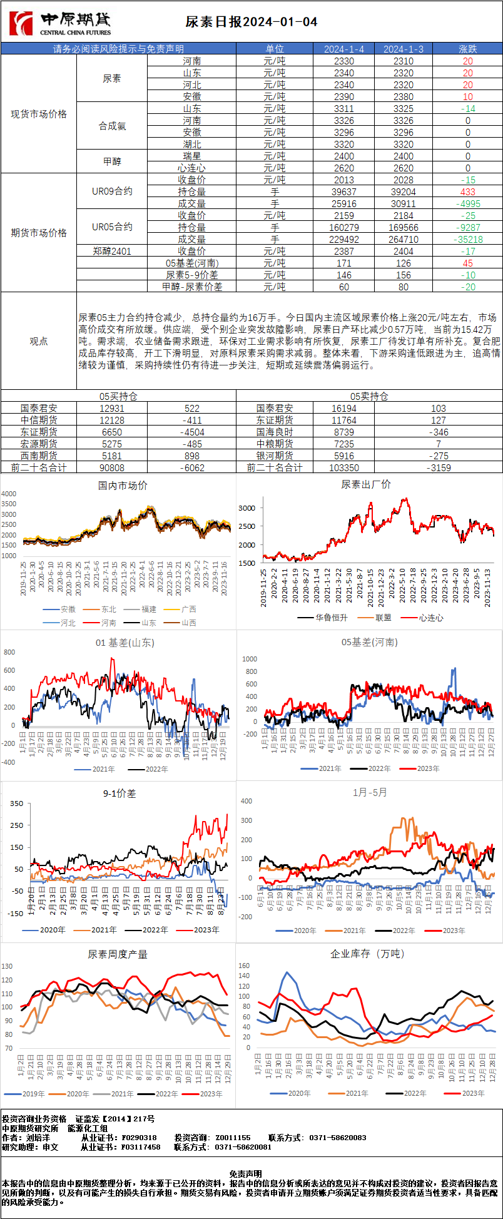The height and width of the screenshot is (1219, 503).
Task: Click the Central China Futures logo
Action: coord(60,23)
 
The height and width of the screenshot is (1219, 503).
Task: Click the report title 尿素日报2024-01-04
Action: coord(251,23)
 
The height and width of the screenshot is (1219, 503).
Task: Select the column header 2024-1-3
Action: coord(404,49)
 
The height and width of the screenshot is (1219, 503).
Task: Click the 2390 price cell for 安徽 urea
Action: coord(343,97)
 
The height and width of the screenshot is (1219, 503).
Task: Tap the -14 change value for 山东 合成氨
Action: coord(467,109)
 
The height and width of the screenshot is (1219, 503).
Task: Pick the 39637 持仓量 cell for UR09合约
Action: coord(343,192)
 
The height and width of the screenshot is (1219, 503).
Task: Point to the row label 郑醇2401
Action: coord(112,252)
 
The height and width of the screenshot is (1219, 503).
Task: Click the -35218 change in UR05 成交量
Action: coord(467,240)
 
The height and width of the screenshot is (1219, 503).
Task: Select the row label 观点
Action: coord(39,341)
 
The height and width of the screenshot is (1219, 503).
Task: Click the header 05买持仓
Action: coord(118,396)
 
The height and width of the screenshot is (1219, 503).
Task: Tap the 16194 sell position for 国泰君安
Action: coord(343,408)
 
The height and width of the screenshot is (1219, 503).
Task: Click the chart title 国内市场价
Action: coord(123,486)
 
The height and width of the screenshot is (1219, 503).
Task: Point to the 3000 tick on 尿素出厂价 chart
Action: coord(246,508)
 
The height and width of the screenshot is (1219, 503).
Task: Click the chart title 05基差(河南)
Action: coord(369,643)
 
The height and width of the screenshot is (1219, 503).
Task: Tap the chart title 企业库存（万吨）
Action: coord(368,954)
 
